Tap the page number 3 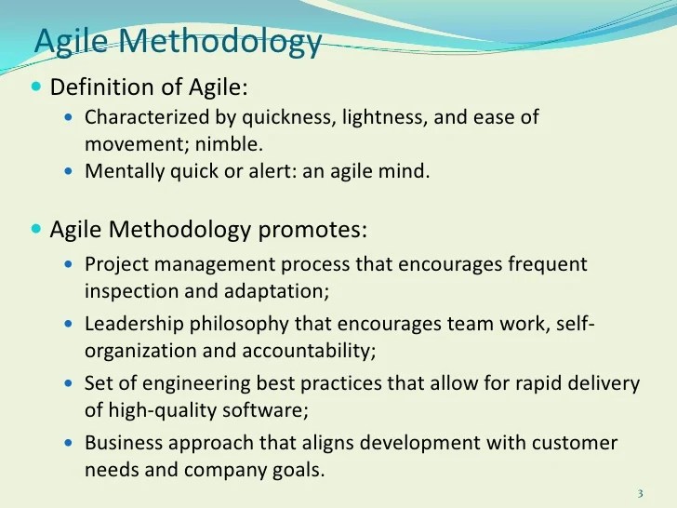click(641, 492)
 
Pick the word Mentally click(123, 171)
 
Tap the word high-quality click(159, 409)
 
